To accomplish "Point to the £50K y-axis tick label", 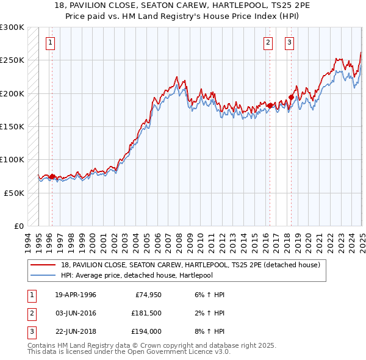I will point(14,192).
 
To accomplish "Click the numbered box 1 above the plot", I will point(49,43).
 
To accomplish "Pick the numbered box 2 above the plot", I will point(268,43).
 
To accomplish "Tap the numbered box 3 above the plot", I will point(289,43).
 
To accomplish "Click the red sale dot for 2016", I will point(270,106).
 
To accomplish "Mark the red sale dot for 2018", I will point(292,97).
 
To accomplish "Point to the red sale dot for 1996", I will point(52,176).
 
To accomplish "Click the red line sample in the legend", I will point(43,265).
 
